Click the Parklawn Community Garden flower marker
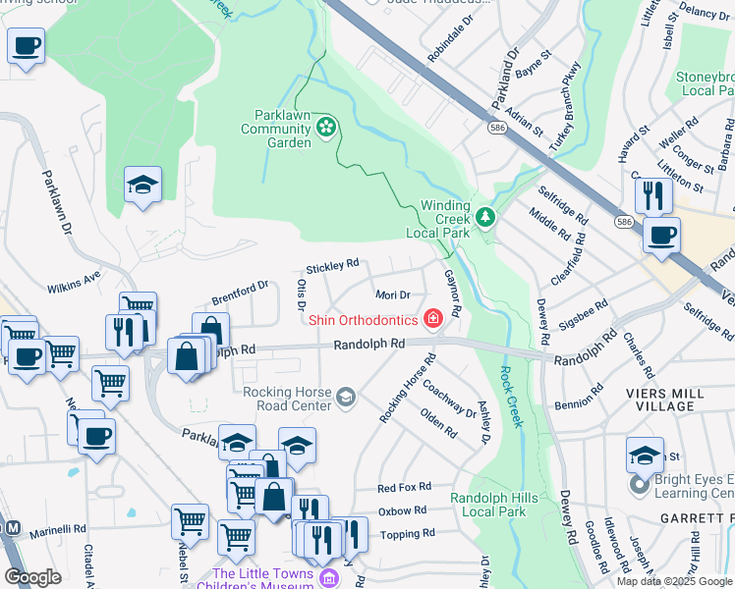(x=326, y=126)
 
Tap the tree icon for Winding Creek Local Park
(x=483, y=216)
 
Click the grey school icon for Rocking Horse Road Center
(x=345, y=397)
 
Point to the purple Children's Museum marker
(x=326, y=578)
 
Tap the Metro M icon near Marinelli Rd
(x=13, y=528)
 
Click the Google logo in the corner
(x=32, y=576)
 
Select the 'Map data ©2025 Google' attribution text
(x=674, y=581)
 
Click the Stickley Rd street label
(x=332, y=266)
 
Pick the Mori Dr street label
(x=392, y=294)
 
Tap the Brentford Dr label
(x=241, y=291)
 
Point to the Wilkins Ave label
(x=74, y=284)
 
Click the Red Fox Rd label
(x=405, y=487)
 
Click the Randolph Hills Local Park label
(x=494, y=505)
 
